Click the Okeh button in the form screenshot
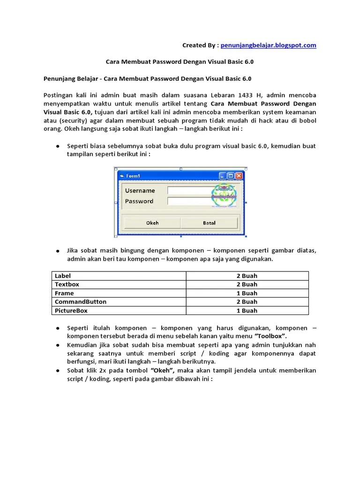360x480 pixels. pyautogui.click(x=152, y=223)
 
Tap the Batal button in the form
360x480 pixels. pyautogui.click(x=209, y=223)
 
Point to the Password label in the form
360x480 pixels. pyautogui.click(x=139, y=201)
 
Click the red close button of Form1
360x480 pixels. pyautogui.click(x=239, y=176)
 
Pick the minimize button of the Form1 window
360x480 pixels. pyautogui.click(x=222, y=176)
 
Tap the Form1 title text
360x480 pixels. pyautogui.click(x=133, y=176)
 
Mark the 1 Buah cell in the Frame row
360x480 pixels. pyautogui.click(x=247, y=293)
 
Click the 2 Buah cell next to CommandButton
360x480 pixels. pyautogui.click(x=247, y=302)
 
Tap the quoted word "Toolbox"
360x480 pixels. pyautogui.click(x=270, y=336)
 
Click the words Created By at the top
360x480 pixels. pyautogui.click(x=200, y=45)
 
